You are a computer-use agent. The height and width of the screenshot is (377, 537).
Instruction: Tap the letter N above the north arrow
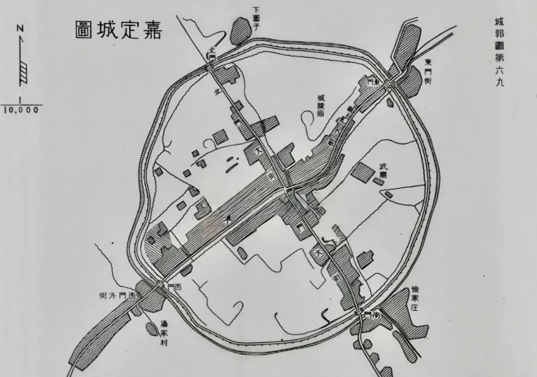[19, 29]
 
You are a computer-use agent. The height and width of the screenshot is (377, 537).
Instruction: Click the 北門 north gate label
[212, 54]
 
